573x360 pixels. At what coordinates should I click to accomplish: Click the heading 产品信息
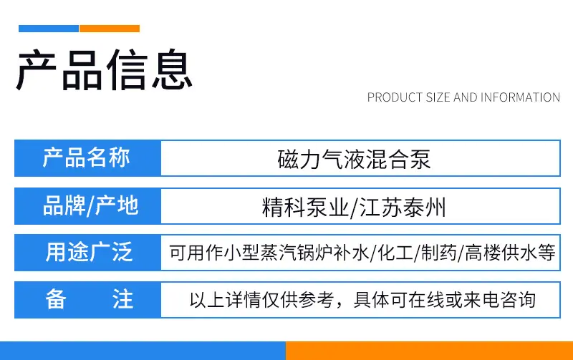pyautogui.click(x=105, y=69)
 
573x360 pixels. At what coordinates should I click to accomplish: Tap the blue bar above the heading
pyautogui.click(x=49, y=29)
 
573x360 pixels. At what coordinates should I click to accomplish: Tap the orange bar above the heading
pyautogui.click(x=110, y=29)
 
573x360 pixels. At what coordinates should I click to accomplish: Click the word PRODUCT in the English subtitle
pyautogui.click(x=395, y=97)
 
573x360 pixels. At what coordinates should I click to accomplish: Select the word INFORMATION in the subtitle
pyautogui.click(x=520, y=97)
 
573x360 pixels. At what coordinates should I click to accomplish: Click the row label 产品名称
pyautogui.click(x=87, y=157)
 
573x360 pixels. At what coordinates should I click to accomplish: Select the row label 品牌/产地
pyautogui.click(x=91, y=205)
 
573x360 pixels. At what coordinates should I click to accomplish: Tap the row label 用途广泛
pyautogui.click(x=89, y=252)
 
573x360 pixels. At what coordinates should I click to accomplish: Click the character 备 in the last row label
pyautogui.click(x=56, y=299)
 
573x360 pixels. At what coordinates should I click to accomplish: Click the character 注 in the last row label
pyautogui.click(x=122, y=299)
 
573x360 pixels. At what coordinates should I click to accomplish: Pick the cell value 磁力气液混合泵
pyautogui.click(x=354, y=160)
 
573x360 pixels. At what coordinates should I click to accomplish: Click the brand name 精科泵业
pyautogui.click(x=306, y=207)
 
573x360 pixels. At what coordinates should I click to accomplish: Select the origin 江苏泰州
pyautogui.click(x=403, y=207)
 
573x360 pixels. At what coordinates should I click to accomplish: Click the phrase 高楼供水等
pyautogui.click(x=510, y=253)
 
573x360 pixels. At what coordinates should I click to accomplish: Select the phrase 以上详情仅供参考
pyautogui.click(x=261, y=300)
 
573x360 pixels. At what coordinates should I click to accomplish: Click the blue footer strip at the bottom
pyautogui.click(x=143, y=351)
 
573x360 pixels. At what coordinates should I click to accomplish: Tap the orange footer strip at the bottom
pyautogui.click(x=429, y=351)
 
